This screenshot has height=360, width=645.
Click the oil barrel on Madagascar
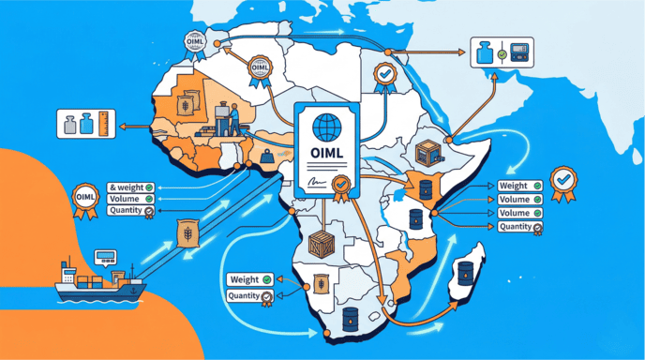tap(467, 276)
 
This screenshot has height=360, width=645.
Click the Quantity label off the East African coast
tap(518, 227)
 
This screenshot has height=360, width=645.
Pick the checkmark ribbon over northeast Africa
tap(382, 74)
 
